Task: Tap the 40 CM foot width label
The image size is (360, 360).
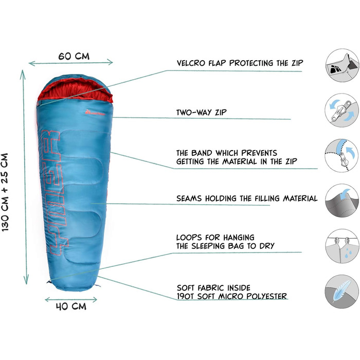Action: pos(70,307)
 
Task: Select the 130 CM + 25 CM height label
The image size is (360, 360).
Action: pos(9,191)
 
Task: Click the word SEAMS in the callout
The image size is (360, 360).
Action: pos(190,198)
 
